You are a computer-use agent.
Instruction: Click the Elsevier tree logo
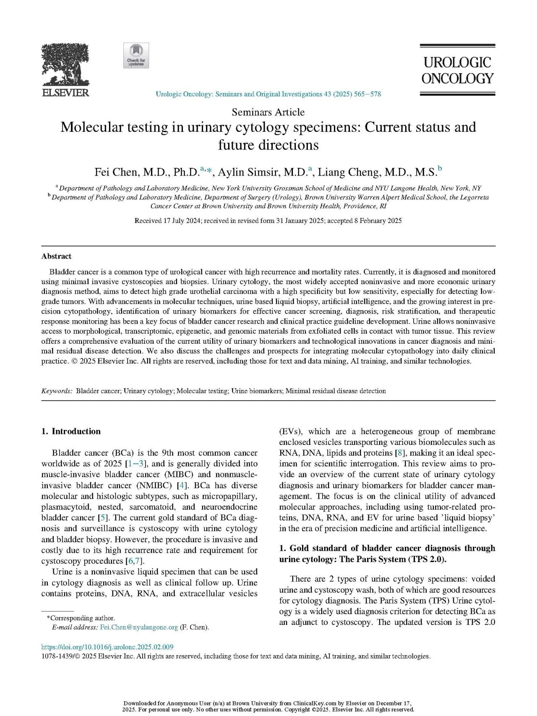click(x=65, y=65)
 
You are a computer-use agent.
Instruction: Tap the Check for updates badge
click(x=136, y=55)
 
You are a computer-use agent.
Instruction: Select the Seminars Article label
click(x=268, y=112)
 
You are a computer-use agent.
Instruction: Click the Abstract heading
click(x=56, y=256)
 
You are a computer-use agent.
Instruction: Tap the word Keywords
click(x=57, y=391)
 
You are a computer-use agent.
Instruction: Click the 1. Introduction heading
click(x=71, y=431)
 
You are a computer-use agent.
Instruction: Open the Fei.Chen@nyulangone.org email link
click(x=139, y=627)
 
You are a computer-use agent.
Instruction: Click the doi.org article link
click(x=107, y=647)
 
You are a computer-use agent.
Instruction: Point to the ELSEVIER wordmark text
click(x=65, y=93)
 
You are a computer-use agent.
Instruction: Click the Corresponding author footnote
click(x=81, y=618)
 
